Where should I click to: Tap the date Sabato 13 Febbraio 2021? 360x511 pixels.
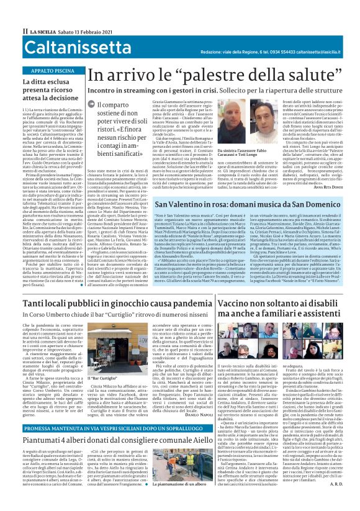81,30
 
